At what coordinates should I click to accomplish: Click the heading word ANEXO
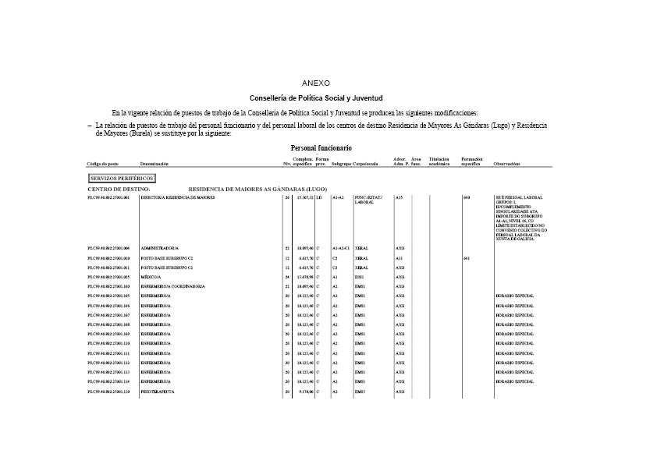click(316, 83)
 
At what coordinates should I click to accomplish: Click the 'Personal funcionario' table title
click(321, 147)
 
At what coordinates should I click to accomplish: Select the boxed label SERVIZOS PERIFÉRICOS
click(122, 179)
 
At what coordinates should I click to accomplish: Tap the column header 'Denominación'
click(154, 165)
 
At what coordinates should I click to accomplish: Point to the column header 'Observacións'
click(507, 165)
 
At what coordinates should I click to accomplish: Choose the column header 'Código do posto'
click(102, 165)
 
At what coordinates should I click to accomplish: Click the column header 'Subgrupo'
click(341, 165)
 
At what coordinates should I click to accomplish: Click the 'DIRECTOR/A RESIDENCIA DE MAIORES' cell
click(177, 198)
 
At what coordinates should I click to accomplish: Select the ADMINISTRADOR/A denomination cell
click(160, 248)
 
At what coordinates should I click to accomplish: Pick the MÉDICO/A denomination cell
click(151, 277)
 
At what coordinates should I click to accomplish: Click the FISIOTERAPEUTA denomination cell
click(157, 391)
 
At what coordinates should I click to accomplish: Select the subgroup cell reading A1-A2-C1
click(341, 248)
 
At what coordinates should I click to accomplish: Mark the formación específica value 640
click(466, 198)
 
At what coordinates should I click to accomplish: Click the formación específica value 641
click(466, 258)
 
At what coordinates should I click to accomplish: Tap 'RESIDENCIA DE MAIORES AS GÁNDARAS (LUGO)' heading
click(257, 189)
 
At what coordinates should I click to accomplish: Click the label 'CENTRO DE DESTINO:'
click(118, 189)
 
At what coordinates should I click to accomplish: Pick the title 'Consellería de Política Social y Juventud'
click(316, 98)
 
